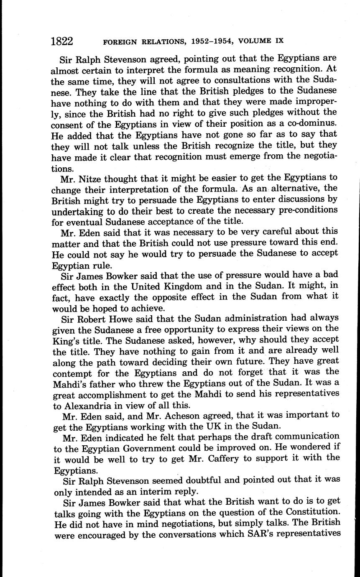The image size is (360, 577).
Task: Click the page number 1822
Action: tap(62, 41)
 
